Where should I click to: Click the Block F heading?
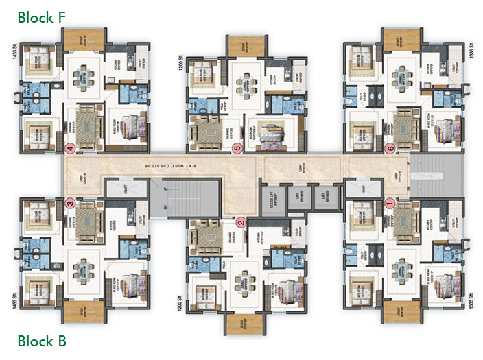point(42,17)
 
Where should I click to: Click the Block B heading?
point(42,341)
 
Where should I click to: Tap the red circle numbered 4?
point(69,147)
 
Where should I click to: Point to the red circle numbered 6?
point(390,147)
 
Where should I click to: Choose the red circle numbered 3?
point(69,203)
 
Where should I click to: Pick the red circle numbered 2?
point(240,221)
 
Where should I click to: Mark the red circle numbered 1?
point(390,202)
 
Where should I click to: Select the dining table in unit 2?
point(240,283)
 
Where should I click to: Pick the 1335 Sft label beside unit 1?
point(472,299)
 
